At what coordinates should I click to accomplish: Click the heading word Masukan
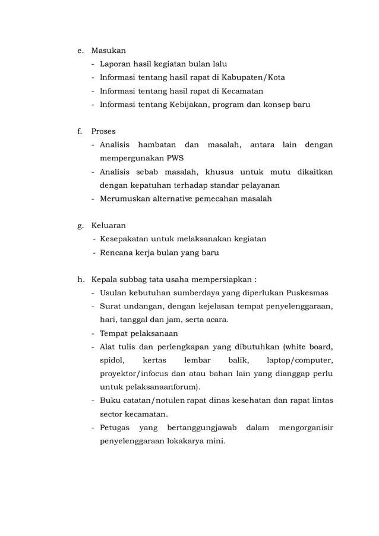click(x=108, y=51)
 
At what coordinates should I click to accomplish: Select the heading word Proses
click(x=103, y=131)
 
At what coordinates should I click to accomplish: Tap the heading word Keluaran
click(x=108, y=226)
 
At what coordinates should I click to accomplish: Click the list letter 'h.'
click(x=80, y=279)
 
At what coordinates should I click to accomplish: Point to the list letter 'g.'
click(x=80, y=226)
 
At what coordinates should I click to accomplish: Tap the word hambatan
click(x=157, y=145)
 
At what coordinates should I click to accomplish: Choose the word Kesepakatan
click(x=126, y=239)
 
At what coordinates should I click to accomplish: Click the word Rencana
click(x=117, y=253)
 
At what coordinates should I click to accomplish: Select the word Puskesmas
click(x=307, y=293)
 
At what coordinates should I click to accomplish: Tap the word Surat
click(x=110, y=307)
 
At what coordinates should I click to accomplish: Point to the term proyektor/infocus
click(x=136, y=374)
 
